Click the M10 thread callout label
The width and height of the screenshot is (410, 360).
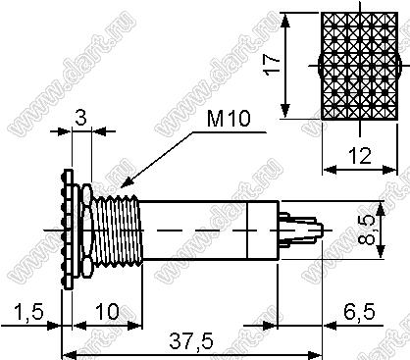click(229, 119)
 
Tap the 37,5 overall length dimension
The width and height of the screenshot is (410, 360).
click(191, 341)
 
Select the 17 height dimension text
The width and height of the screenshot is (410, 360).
click(272, 65)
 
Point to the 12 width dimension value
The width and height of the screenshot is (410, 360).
click(360, 156)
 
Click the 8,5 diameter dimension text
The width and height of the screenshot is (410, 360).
click(366, 230)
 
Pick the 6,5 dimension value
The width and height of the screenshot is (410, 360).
click(359, 312)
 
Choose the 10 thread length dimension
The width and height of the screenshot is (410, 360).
click(107, 312)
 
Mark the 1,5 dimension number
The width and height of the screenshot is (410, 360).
click(28, 312)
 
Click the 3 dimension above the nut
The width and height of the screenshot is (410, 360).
click(80, 118)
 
